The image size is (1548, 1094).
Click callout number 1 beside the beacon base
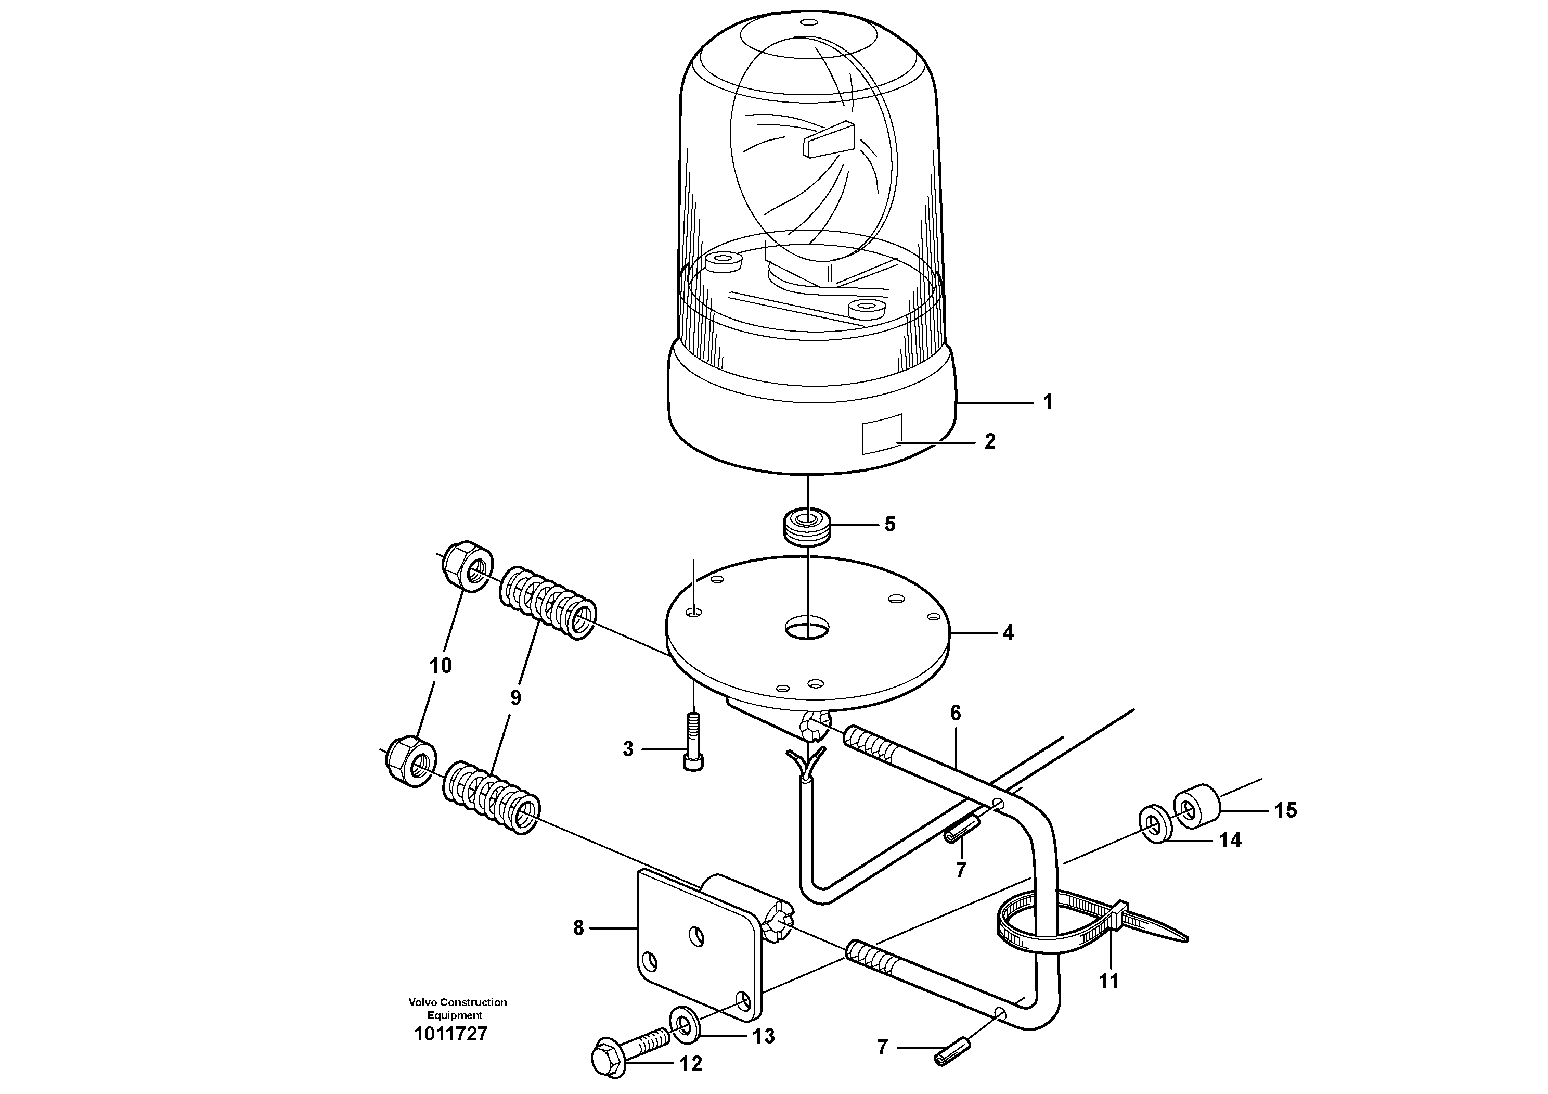coord(1047,403)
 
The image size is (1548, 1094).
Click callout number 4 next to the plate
coord(1008,633)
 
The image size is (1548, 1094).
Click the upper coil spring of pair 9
coord(547,602)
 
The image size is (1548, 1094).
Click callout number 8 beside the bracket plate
coord(578,928)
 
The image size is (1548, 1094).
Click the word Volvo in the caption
coord(422,1002)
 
